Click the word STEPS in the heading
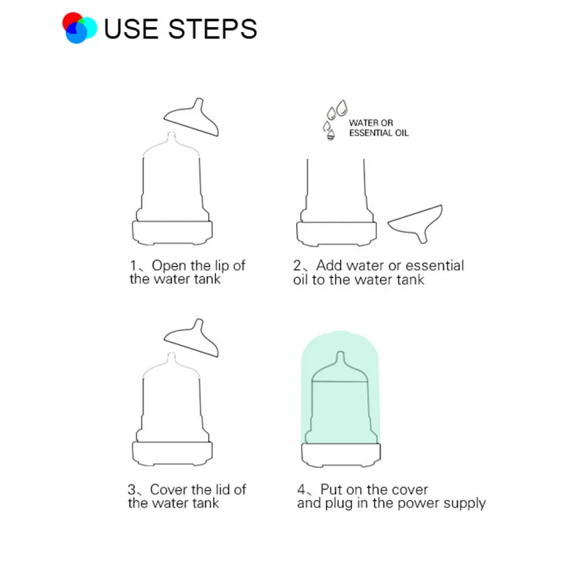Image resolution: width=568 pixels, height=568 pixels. point(212,28)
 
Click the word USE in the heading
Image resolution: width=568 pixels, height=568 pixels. point(131,28)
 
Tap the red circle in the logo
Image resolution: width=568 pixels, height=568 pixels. point(72,21)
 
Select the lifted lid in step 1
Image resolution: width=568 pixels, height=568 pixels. point(192,118)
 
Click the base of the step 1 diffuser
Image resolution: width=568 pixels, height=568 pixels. point(173,233)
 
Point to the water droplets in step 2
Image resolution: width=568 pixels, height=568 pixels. point(334,119)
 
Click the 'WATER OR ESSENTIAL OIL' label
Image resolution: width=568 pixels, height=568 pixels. point(379,128)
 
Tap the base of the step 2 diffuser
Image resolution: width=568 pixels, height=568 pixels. point(337,234)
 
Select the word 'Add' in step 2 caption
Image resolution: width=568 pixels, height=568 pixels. point(329,266)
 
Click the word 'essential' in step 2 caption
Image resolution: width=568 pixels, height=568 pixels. point(435,266)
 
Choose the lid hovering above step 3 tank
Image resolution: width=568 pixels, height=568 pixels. point(192,339)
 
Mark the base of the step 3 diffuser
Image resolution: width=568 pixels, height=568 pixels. point(173,454)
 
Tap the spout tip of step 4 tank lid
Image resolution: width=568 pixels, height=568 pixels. point(340,352)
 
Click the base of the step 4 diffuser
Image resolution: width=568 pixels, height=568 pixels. point(341,455)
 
